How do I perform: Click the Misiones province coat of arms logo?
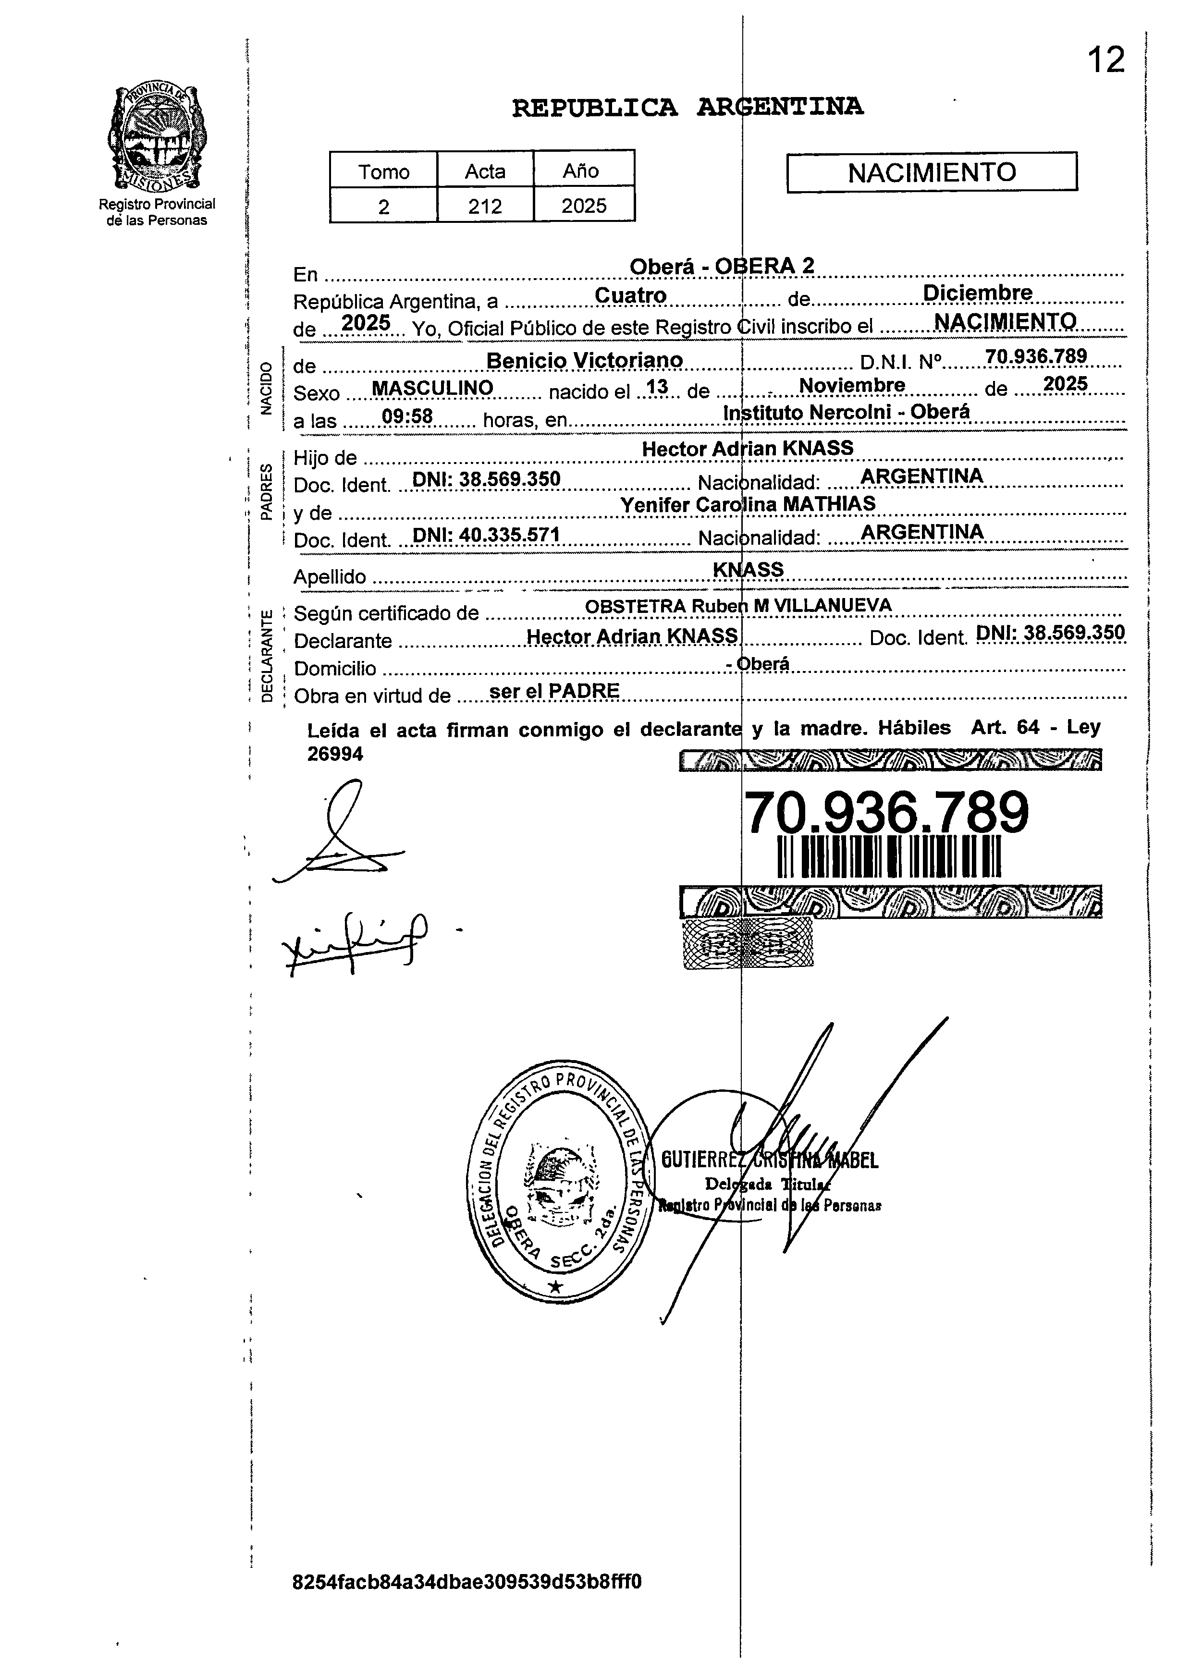coord(157,137)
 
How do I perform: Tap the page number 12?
coord(1105,60)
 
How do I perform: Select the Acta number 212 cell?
coord(485,206)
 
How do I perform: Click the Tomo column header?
coord(383,171)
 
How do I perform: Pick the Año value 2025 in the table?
coord(583,206)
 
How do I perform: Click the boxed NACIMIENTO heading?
coord(932,172)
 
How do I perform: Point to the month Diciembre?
coord(977,293)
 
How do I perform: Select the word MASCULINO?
coord(432,388)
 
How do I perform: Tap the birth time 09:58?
coord(407,417)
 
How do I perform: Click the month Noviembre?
coord(852,385)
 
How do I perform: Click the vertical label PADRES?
coord(266,492)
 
